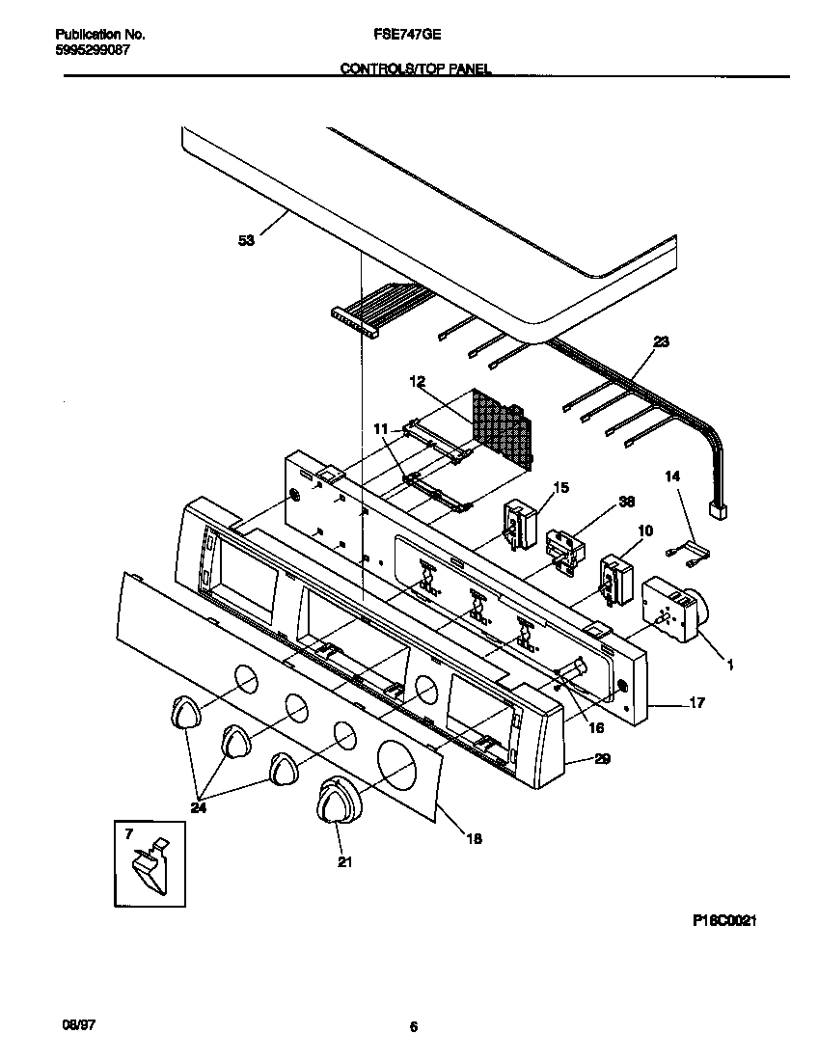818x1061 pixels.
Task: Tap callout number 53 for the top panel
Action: click(x=246, y=241)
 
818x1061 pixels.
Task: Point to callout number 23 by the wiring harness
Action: click(x=661, y=341)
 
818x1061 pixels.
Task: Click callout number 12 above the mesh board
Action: click(x=417, y=382)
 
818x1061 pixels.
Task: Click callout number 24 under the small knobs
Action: click(x=199, y=808)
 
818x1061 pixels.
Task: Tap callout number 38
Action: click(x=627, y=502)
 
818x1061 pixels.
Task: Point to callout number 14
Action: click(x=672, y=476)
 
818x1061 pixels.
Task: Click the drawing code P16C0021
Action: click(x=723, y=921)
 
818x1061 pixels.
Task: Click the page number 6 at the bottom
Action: click(x=413, y=1027)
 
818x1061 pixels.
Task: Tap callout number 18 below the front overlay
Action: click(x=474, y=839)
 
